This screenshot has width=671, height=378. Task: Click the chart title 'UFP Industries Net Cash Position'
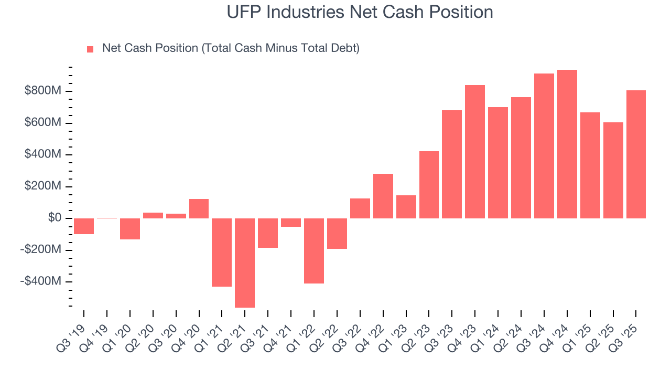click(360, 12)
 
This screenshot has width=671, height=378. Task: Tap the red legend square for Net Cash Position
click(90, 49)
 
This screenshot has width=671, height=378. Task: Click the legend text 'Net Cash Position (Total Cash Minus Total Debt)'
click(231, 48)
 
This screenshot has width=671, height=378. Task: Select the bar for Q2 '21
click(245, 262)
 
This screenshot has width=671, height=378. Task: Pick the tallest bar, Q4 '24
click(567, 144)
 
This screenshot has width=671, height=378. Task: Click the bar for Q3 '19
click(84, 226)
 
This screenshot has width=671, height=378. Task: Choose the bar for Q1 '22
click(314, 250)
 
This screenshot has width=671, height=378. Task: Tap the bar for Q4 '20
click(199, 208)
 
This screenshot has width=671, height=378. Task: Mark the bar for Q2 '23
click(429, 184)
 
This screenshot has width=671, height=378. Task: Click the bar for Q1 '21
click(222, 252)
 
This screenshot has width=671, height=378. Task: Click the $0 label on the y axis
click(54, 218)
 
